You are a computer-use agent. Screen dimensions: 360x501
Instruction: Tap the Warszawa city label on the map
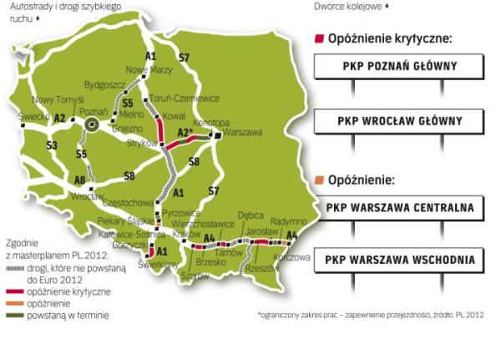243,133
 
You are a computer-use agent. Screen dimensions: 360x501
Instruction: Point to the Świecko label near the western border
34,117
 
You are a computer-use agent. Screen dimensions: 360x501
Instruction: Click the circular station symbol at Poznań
92,124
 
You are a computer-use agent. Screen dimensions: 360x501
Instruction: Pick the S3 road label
52,145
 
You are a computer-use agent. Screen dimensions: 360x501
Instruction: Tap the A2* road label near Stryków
187,130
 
